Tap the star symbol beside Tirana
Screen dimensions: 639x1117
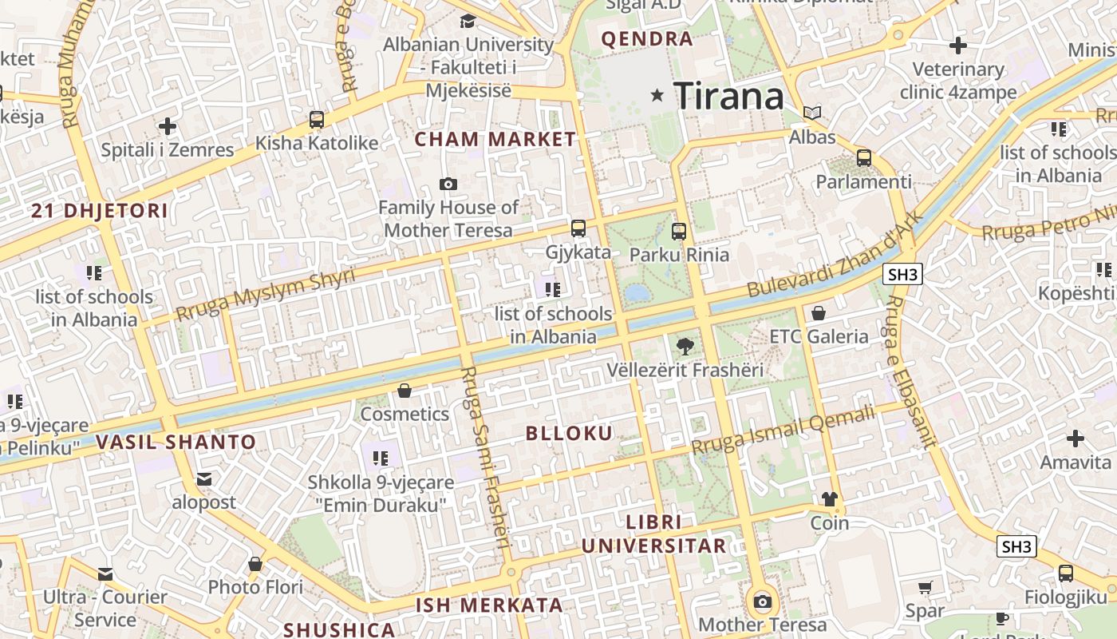point(657,95)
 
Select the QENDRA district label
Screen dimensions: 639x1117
point(646,38)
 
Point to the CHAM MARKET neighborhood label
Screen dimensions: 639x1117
point(495,139)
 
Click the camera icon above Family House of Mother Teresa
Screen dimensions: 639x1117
point(448,185)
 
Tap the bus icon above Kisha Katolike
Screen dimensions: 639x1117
point(317,120)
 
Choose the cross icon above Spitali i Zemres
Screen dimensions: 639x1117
point(168,125)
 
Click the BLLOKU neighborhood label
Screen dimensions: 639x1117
point(569,434)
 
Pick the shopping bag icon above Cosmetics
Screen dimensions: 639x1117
point(405,391)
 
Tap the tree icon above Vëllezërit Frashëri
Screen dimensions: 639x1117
point(685,347)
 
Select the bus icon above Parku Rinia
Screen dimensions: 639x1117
point(679,232)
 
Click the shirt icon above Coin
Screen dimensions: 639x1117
point(830,499)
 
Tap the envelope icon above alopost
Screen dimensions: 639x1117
point(204,479)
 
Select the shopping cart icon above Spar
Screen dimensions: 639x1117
point(925,588)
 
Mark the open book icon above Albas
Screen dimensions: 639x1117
point(812,113)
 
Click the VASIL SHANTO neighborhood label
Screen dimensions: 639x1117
point(176,442)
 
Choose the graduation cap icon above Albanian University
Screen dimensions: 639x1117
point(468,21)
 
